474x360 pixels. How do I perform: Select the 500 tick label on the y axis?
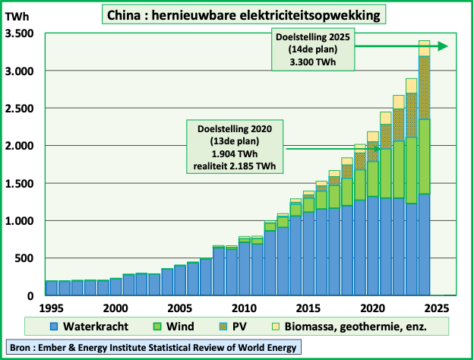[x=24, y=258]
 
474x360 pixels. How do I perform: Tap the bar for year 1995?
[x=51, y=288]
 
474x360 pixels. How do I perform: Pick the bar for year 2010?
[x=245, y=266]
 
